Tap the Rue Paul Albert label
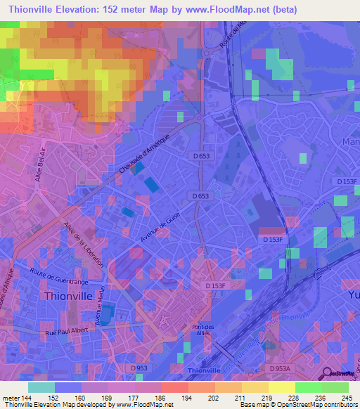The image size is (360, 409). [70, 332]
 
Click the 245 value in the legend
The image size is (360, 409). [346, 398]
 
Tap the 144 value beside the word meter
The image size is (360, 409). [25, 398]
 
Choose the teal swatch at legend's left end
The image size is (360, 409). [41, 387]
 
